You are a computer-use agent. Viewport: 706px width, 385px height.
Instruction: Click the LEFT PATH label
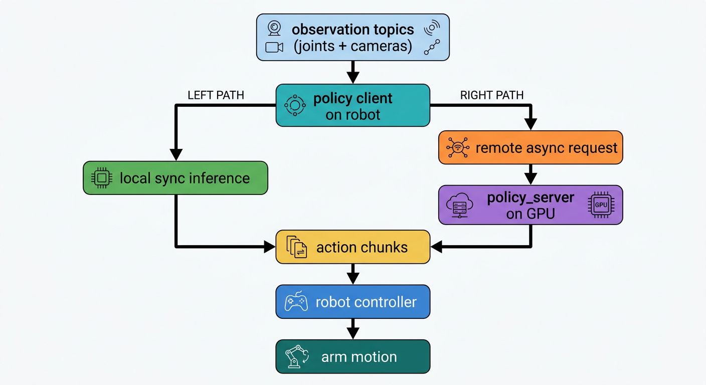216,95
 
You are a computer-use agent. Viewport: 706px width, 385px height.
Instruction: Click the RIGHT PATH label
491,95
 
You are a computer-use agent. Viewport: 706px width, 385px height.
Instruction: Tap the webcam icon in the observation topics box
274,29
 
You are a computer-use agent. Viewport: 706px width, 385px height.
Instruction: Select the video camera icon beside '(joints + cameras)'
274,48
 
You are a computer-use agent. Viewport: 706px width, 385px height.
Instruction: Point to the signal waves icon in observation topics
432,29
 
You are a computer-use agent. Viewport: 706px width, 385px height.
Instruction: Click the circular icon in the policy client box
295,105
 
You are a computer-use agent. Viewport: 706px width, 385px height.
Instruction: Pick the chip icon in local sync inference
101,178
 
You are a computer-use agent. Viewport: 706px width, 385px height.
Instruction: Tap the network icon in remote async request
457,148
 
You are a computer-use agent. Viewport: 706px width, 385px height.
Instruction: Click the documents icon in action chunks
296,247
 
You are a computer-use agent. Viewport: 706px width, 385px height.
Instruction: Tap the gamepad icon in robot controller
296,302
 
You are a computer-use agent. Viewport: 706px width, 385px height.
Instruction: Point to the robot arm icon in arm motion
296,356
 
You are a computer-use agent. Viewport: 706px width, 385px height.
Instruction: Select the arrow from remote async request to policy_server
531,175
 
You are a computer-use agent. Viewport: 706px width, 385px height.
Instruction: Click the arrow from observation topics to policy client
353,73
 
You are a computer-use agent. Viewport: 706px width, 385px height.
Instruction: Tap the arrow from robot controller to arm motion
353,329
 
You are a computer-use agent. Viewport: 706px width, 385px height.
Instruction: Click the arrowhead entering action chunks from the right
436,246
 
